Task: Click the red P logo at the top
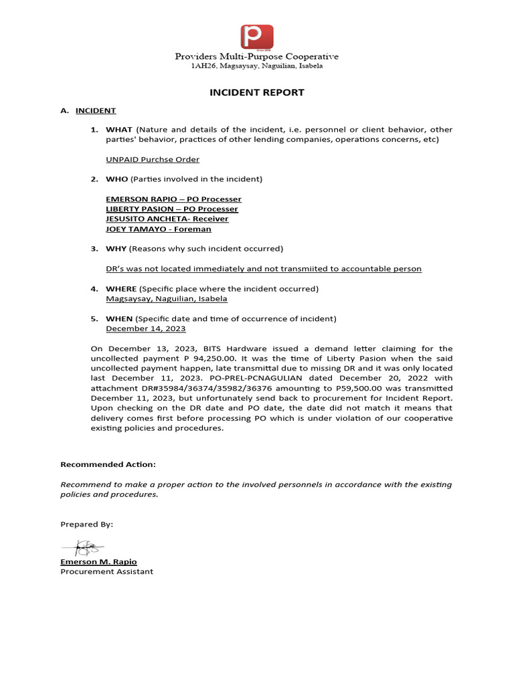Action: [258, 37]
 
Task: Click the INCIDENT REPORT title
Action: [257, 92]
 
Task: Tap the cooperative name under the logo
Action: [257, 56]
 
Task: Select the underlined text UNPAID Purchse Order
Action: [153, 159]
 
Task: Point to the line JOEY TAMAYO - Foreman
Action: [158, 229]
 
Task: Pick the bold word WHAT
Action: [120, 129]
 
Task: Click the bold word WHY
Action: [116, 249]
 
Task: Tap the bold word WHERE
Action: [121, 288]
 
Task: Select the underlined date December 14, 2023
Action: [146, 328]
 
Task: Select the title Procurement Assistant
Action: [106, 571]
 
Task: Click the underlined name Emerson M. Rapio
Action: [98, 562]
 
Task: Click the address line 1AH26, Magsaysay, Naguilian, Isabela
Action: [257, 66]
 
